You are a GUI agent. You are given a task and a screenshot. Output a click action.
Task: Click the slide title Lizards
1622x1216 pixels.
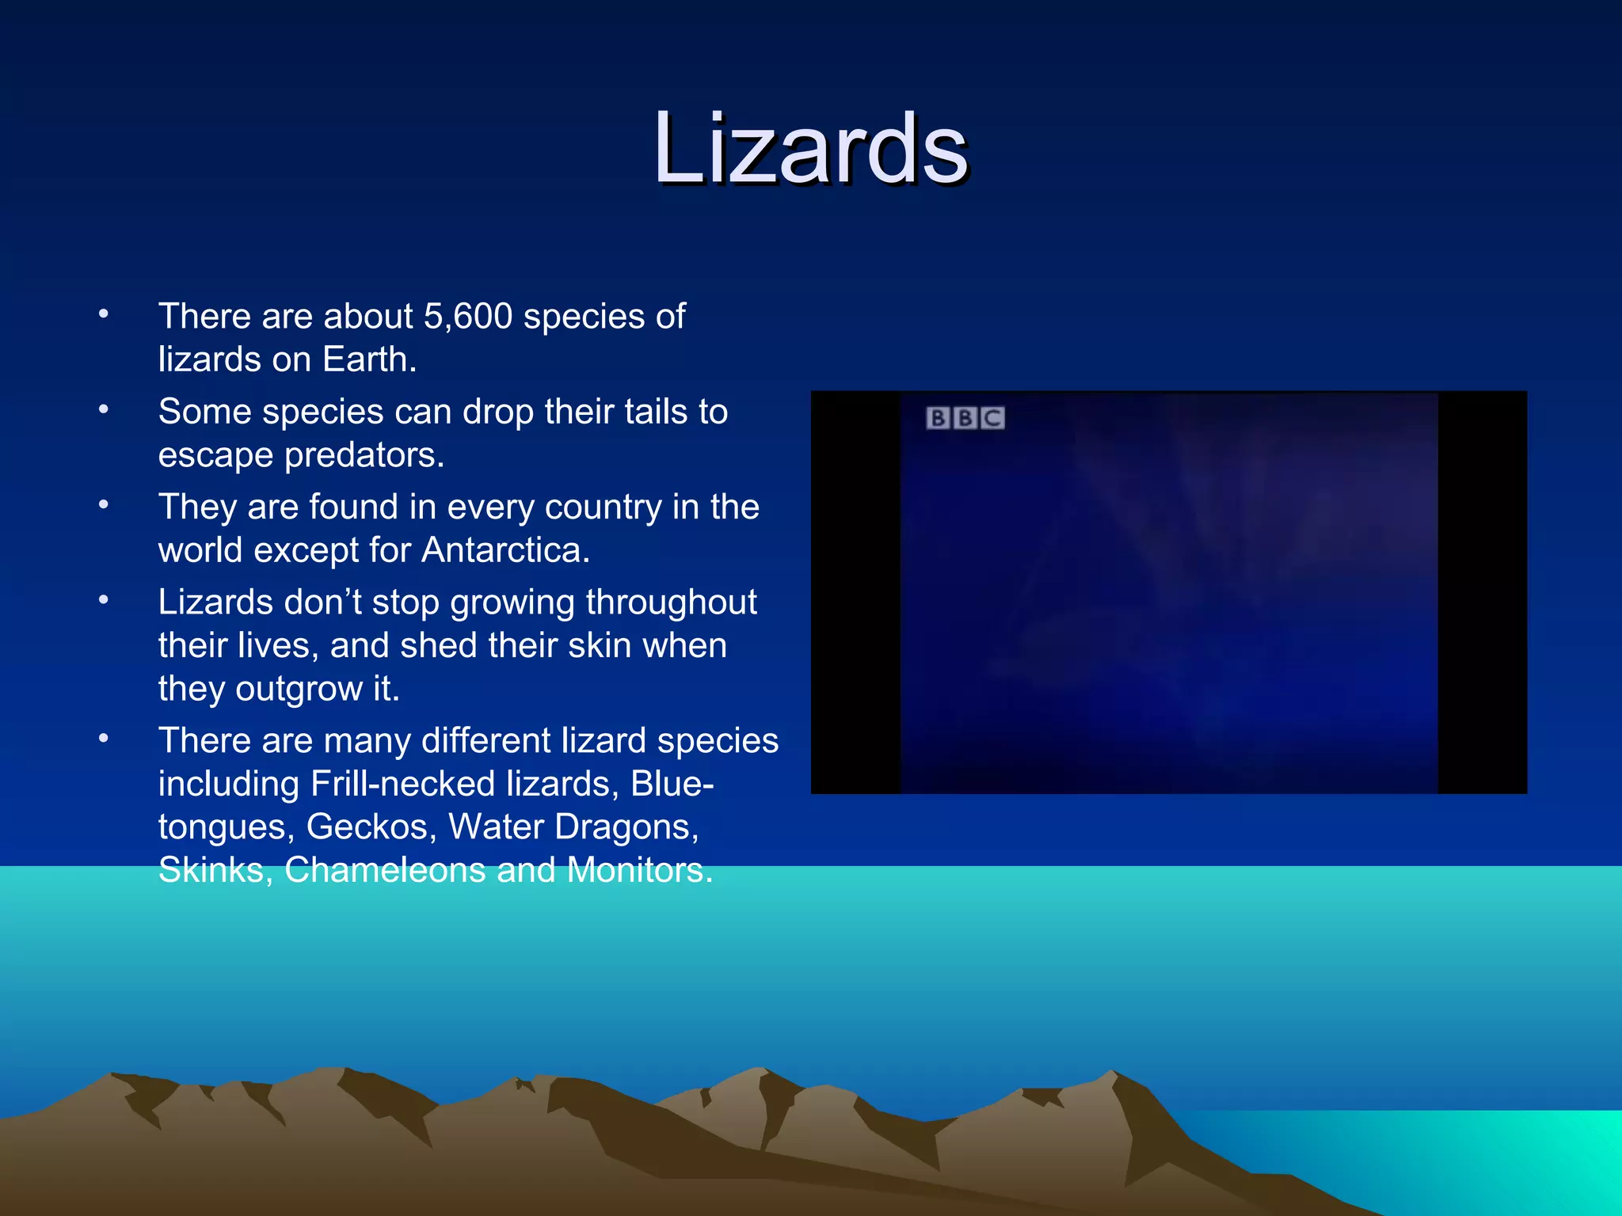[x=810, y=149]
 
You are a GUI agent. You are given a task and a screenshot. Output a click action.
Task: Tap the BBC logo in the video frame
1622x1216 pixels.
[x=965, y=418]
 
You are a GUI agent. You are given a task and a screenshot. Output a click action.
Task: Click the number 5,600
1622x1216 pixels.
[x=468, y=317]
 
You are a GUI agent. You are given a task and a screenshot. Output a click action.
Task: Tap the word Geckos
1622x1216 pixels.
[x=371, y=827]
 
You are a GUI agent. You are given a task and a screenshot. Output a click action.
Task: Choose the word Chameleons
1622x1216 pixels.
[x=385, y=870]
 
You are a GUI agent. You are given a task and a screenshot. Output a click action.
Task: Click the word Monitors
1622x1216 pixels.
[x=639, y=870]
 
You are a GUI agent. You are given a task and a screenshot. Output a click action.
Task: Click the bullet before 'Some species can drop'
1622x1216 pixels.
[x=104, y=410]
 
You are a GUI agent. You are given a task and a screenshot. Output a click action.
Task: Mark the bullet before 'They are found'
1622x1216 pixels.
[x=104, y=505]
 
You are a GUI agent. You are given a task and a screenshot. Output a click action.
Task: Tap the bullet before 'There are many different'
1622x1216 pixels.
[x=104, y=739]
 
